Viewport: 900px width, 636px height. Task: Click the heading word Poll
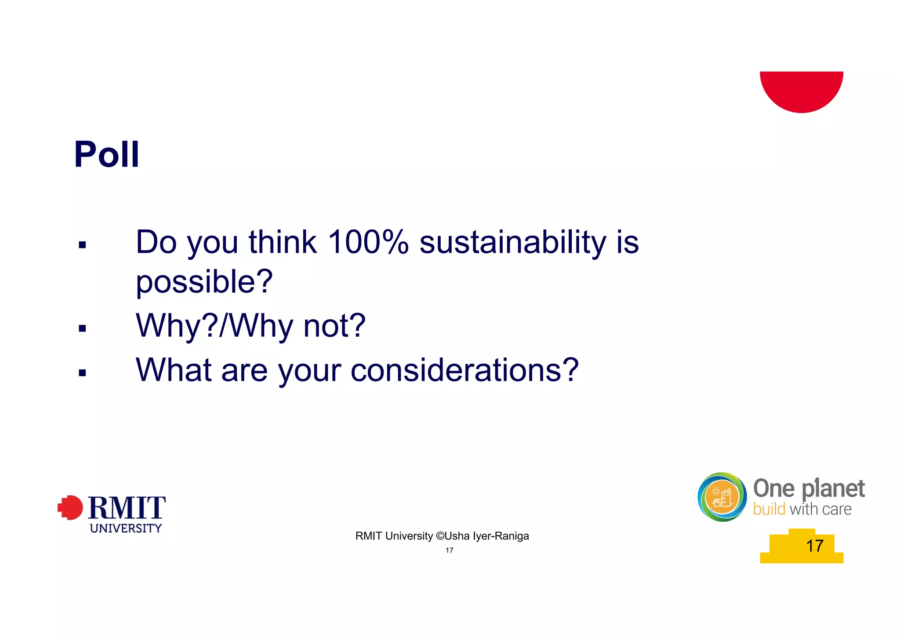107,154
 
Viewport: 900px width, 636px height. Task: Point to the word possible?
204,282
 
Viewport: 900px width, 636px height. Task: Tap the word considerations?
465,370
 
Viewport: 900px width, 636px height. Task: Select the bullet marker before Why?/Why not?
82,328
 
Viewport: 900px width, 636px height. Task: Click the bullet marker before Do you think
82,245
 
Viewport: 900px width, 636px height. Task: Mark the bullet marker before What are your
82,373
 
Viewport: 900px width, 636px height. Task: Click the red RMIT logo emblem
70,508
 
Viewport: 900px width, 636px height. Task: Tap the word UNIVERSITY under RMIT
126,528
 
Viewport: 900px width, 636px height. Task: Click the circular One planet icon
722,497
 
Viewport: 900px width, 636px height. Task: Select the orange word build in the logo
769,509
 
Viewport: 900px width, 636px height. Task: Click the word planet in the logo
833,489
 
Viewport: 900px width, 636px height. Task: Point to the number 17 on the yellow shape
814,546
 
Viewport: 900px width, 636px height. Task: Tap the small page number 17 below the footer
449,550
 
